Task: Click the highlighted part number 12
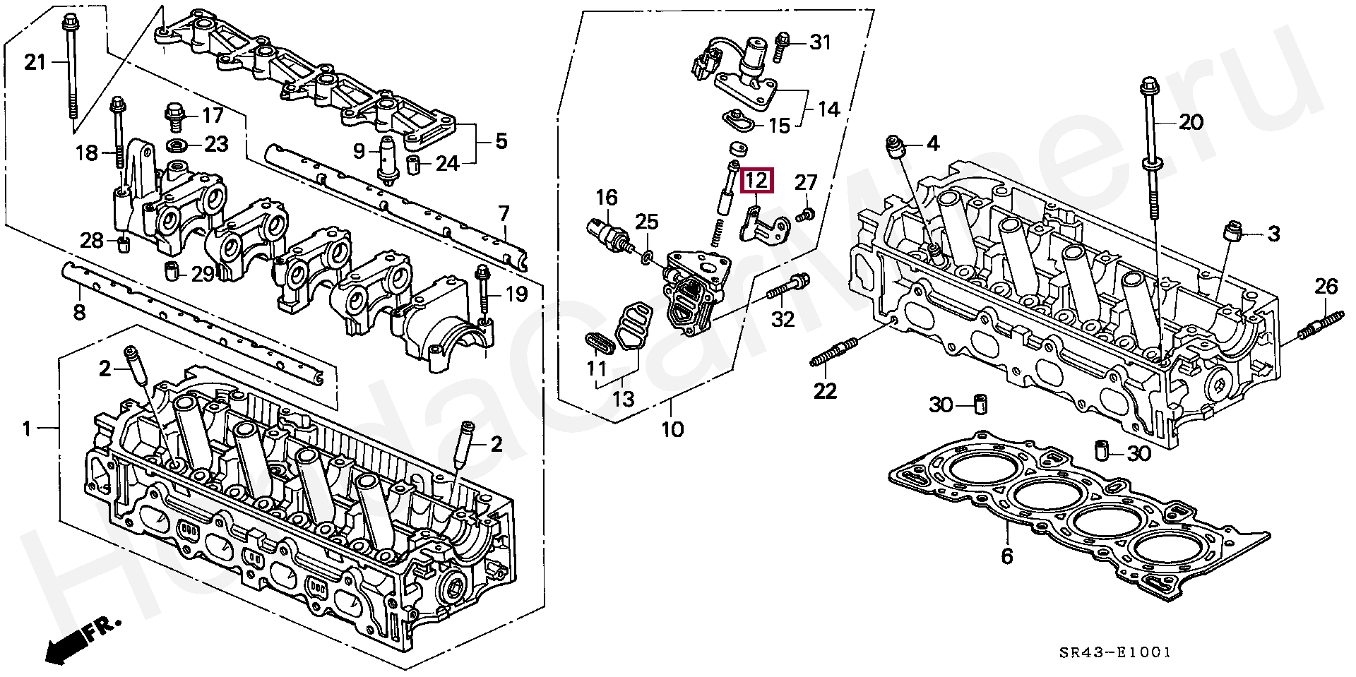point(756,181)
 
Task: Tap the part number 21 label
point(34,63)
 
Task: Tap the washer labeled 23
point(178,145)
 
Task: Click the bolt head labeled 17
point(173,115)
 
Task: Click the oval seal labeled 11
point(599,342)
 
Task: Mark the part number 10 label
point(672,429)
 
